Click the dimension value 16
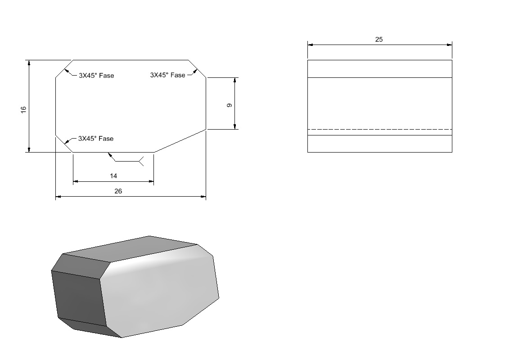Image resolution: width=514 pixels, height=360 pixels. click(x=23, y=110)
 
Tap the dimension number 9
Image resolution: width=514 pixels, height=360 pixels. click(x=230, y=105)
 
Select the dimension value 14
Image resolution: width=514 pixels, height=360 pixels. click(x=113, y=176)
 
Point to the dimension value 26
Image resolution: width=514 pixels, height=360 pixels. click(x=118, y=191)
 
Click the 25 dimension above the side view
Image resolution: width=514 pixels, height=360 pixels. click(x=379, y=39)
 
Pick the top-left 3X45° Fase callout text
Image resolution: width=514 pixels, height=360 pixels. click(x=96, y=76)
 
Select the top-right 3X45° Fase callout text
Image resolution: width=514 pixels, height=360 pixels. click(x=168, y=75)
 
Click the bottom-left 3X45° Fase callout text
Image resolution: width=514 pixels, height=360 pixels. click(x=96, y=138)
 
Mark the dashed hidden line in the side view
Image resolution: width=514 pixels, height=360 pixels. click(x=379, y=130)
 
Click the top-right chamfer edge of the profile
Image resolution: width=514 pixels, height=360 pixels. click(x=197, y=69)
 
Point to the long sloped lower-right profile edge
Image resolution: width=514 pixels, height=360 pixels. click(x=180, y=141)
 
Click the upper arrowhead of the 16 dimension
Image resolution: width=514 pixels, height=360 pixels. click(x=29, y=63)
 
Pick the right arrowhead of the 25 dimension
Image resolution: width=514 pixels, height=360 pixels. click(x=450, y=45)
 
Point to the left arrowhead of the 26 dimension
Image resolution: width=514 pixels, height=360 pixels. click(x=59, y=197)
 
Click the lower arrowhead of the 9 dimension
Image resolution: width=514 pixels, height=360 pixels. click(x=234, y=126)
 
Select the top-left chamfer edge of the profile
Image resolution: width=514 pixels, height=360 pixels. click(x=64, y=69)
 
